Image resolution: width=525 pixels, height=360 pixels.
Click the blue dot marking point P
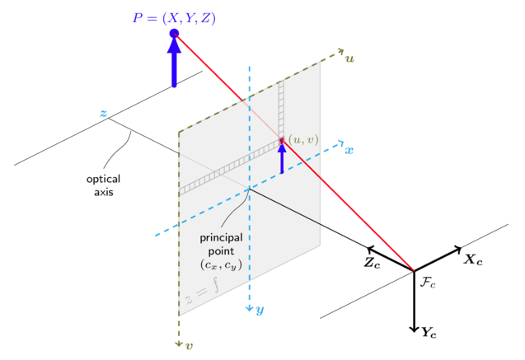point(174,34)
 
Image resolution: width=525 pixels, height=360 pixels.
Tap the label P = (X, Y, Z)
point(174,18)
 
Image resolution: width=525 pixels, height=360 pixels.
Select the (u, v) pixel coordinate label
point(303,139)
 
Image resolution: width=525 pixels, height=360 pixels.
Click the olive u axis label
point(349,59)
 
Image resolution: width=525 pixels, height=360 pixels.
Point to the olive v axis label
point(190,346)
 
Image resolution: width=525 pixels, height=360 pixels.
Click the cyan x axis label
point(349,151)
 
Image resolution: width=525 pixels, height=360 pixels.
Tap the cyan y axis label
point(260,311)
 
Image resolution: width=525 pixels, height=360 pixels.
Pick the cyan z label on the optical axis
point(104,113)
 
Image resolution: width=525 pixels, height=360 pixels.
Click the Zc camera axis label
point(373,263)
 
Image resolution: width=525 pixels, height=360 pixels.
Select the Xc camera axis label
point(473,259)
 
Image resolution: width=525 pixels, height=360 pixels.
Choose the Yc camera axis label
point(429,333)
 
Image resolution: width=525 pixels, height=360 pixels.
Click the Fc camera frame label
point(428,283)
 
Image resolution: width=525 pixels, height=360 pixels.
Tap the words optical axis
point(104,185)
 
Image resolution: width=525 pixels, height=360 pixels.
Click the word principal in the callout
point(222,238)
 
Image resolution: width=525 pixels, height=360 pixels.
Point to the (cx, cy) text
point(221,265)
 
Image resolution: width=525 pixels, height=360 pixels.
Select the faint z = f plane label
point(202,291)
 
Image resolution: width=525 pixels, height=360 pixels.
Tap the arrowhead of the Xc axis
point(457,250)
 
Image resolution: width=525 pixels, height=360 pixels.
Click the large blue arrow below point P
point(174,63)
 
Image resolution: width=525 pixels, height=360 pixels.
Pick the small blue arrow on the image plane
point(282,157)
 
